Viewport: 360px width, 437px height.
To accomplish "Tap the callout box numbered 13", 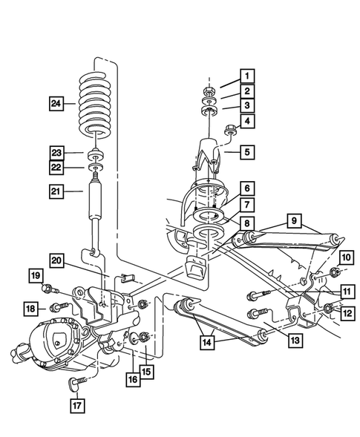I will pyautogui.click(x=295, y=341).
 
